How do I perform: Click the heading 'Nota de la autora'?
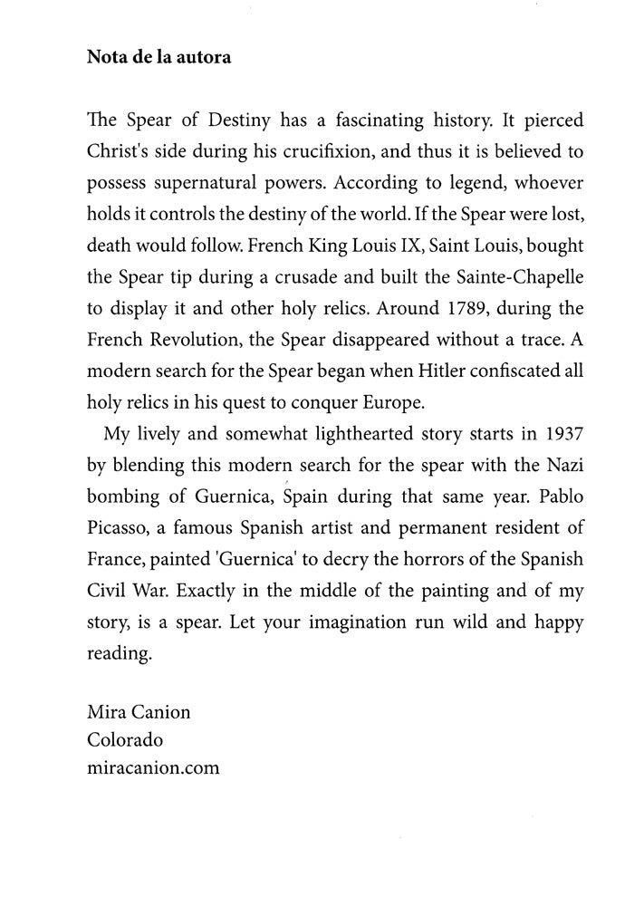tap(159, 57)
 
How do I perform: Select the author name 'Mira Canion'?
tap(139, 712)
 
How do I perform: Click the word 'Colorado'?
tap(125, 740)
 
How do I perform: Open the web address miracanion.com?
tap(153, 768)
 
